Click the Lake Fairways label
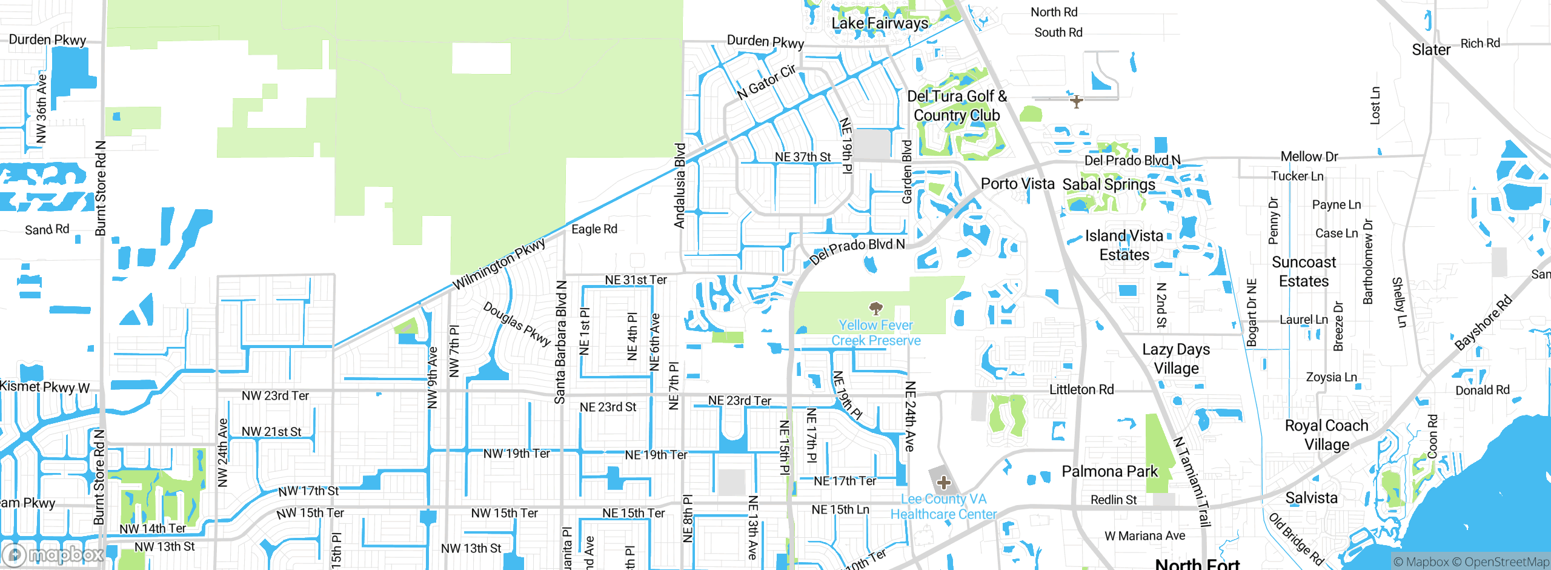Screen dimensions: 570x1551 click(x=879, y=24)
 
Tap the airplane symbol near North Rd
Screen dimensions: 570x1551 click(x=1076, y=101)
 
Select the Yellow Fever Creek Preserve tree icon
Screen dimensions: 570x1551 click(x=875, y=309)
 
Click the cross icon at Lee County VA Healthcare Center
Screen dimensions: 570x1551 click(x=943, y=483)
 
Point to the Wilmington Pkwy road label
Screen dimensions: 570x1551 click(x=499, y=264)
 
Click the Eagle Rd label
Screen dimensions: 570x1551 click(x=594, y=229)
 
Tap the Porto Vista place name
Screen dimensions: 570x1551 click(x=1017, y=184)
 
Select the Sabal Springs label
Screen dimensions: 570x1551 click(x=1109, y=184)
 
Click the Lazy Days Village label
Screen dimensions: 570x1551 click(x=1176, y=359)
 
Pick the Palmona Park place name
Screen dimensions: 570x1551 click(x=1109, y=471)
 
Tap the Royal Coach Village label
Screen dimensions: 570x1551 click(x=1326, y=435)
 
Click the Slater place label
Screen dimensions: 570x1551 click(x=1431, y=50)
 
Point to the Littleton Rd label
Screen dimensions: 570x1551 click(x=1081, y=389)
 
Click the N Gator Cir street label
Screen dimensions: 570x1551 click(x=766, y=82)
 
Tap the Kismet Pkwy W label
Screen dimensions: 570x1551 click(x=45, y=387)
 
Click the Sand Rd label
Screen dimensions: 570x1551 click(x=47, y=229)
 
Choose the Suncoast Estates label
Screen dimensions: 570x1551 click(x=1303, y=272)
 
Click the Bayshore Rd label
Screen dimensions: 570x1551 click(x=1483, y=323)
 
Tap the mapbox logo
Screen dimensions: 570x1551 click(x=53, y=554)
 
